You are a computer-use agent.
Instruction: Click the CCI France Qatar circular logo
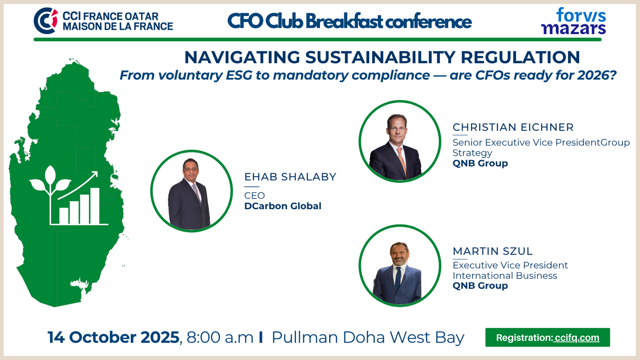coord(46,20)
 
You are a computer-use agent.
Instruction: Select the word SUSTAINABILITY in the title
coord(380,57)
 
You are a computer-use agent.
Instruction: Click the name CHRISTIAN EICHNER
coord(513,127)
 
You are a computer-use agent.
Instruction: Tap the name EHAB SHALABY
coord(290,177)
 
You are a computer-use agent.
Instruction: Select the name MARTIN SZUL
coord(493,251)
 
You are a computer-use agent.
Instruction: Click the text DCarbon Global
coord(283,206)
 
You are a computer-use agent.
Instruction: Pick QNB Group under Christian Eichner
coord(480,163)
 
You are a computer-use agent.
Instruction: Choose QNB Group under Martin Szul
coord(480,285)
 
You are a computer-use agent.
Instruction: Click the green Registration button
coord(547,337)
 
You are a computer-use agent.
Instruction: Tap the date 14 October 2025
coord(113,337)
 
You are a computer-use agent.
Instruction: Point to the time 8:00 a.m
coord(220,337)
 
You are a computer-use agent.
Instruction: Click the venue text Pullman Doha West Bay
coord(368,337)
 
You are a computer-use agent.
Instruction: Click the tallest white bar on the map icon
coord(95,206)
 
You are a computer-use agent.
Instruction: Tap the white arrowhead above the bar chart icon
coord(95,174)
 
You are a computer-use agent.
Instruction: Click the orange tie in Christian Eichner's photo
coord(402,161)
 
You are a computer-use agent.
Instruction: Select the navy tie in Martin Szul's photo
coord(398,279)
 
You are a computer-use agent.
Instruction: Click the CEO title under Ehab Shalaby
coord(255,196)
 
